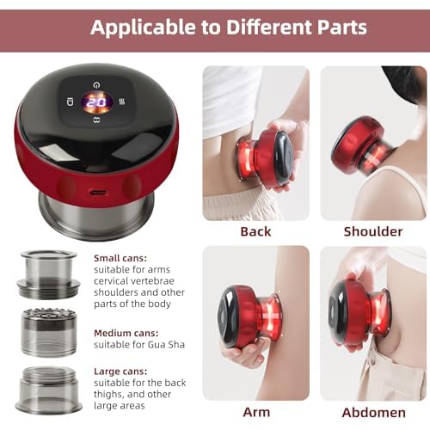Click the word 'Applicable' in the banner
(144, 28)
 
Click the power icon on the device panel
(97, 85)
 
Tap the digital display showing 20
(97, 102)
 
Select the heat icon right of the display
(121, 101)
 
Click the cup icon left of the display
(70, 101)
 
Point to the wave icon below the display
(97, 120)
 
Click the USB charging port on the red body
(97, 192)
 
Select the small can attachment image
(48, 274)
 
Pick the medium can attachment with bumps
(49, 332)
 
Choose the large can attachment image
(48, 389)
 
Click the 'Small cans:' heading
(120, 258)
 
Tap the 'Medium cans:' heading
(126, 333)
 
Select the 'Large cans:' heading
(120, 372)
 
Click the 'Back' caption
(255, 231)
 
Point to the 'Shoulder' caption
(373, 231)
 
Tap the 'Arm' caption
(256, 413)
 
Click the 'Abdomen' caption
(374, 413)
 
